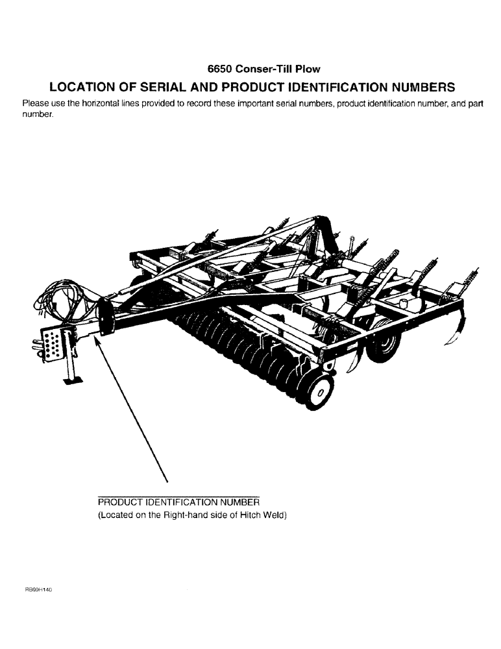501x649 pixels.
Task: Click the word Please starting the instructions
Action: click(35, 104)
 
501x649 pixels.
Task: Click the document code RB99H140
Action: click(38, 589)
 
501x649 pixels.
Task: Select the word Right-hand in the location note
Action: click(188, 515)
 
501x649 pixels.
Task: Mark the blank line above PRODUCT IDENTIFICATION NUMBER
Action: click(178, 496)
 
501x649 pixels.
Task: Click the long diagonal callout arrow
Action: click(133, 409)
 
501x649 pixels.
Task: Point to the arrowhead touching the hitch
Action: click(99, 339)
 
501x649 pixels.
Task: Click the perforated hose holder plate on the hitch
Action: click(51, 343)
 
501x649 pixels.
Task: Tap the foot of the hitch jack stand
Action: click(73, 380)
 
